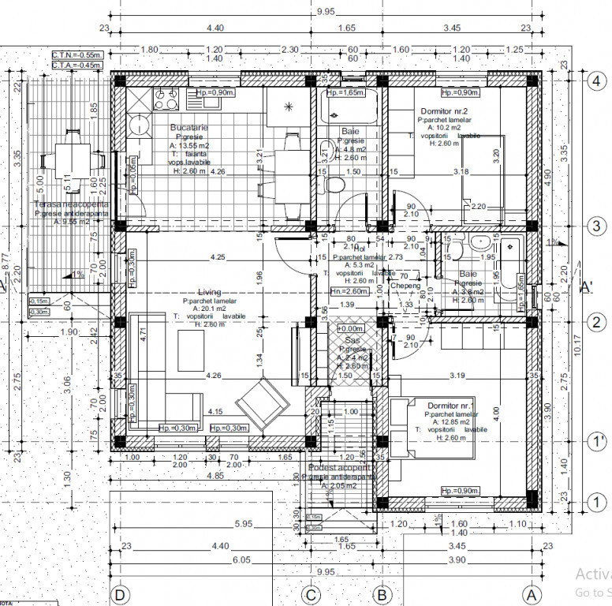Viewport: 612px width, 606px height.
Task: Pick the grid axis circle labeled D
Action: [121, 593]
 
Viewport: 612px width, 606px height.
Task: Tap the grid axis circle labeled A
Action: [532, 593]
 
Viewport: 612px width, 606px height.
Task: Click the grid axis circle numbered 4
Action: [596, 79]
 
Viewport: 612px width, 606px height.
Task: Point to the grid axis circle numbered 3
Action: [596, 226]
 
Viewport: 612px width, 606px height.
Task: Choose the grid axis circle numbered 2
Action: [596, 322]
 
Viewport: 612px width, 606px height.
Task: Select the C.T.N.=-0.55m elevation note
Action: [77, 55]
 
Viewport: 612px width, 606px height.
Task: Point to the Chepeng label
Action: [406, 286]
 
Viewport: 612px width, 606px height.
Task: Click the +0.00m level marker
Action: [349, 327]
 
